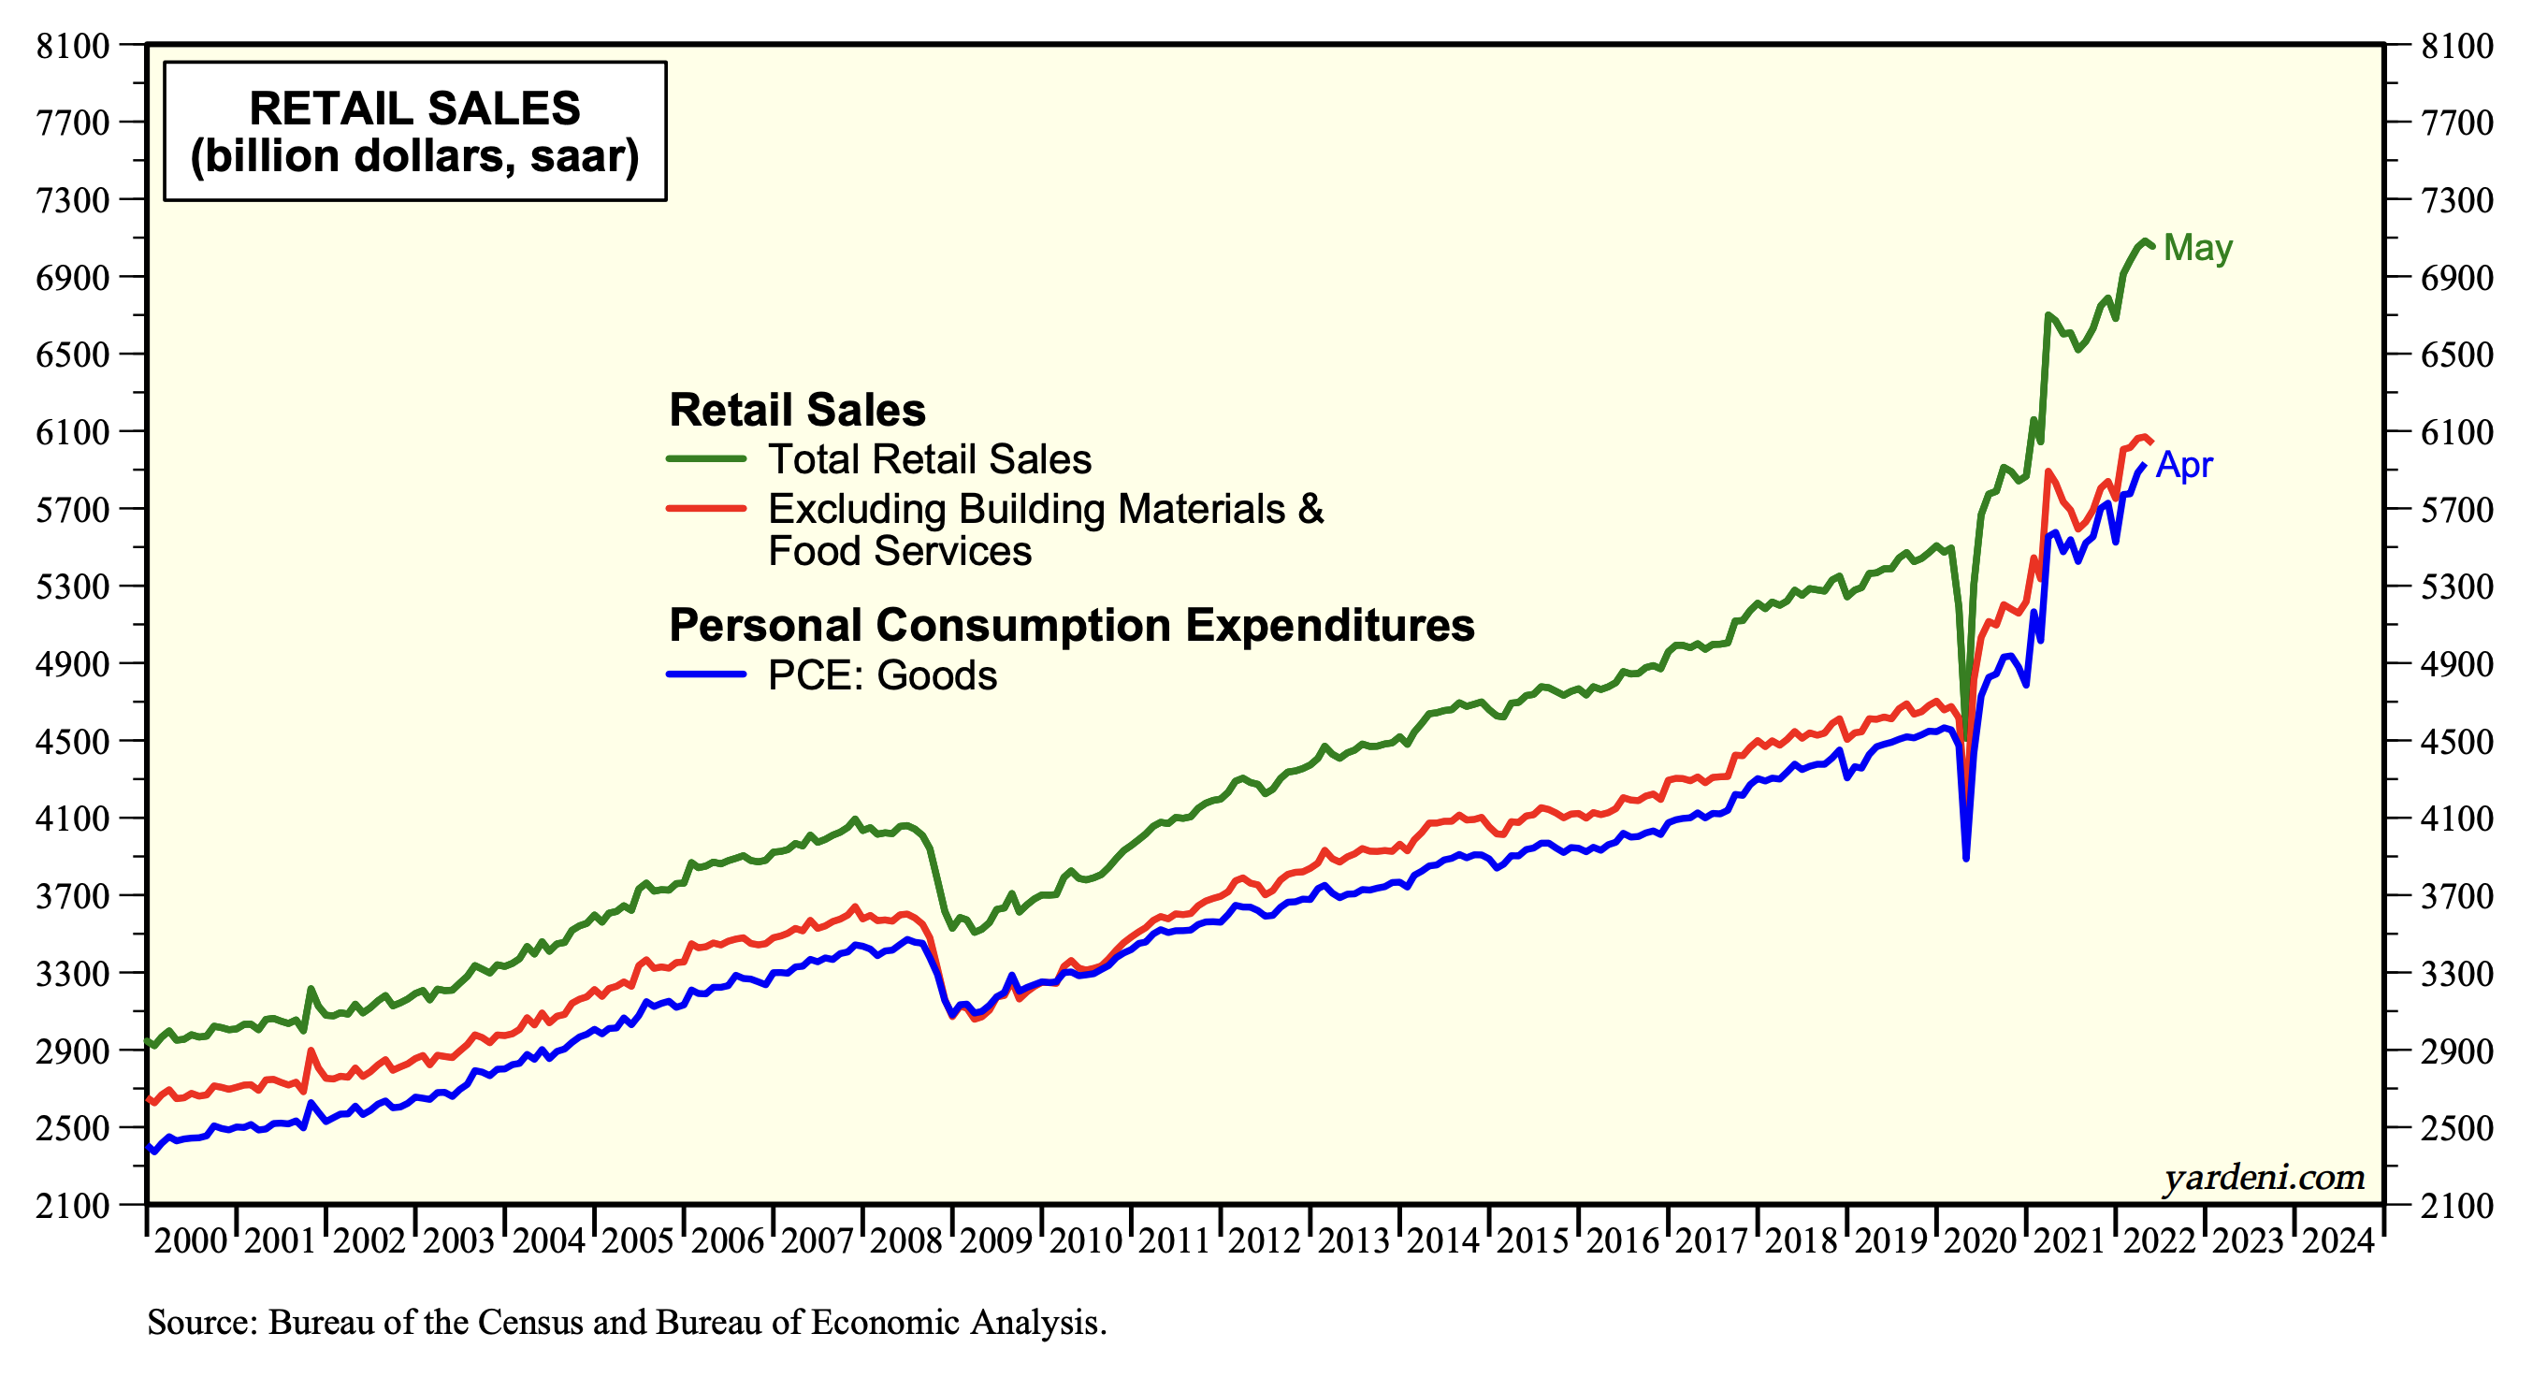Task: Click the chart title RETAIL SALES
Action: [414, 109]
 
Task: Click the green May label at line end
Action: [2198, 247]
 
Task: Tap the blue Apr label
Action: [2184, 464]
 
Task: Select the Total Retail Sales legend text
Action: [929, 459]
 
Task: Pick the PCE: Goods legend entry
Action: [882, 675]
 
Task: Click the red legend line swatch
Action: [706, 509]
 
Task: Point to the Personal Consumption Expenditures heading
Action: [1071, 625]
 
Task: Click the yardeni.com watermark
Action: [2263, 1177]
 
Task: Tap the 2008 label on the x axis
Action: [906, 1241]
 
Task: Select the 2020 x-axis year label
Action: [1980, 1241]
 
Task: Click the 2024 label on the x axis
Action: [2338, 1241]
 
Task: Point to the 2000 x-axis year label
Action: [191, 1241]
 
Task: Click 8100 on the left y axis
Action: [73, 45]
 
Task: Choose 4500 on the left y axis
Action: [73, 741]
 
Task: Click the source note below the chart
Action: [627, 1322]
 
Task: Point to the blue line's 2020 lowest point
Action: [1965, 859]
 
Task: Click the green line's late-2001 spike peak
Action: [311, 989]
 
